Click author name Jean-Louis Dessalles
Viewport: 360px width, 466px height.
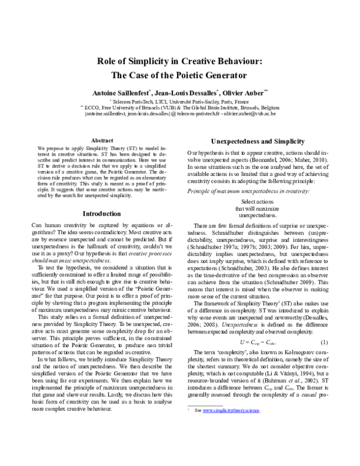point(187,94)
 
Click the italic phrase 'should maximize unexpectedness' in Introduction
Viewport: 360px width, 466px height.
point(66,277)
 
